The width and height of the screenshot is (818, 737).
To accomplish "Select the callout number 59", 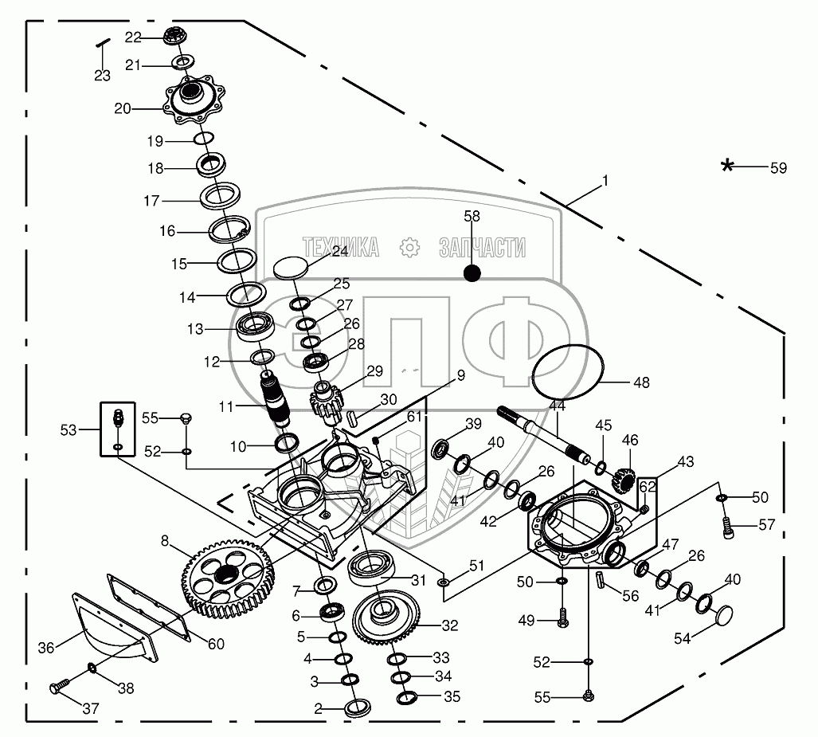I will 777,168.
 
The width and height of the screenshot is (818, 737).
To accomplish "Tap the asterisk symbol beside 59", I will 727,166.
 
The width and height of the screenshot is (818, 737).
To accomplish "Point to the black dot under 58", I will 472,273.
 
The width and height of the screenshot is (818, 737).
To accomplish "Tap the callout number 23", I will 102,76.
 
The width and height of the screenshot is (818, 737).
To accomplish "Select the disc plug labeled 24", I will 290,266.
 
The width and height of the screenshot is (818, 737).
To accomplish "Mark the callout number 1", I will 605,181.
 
